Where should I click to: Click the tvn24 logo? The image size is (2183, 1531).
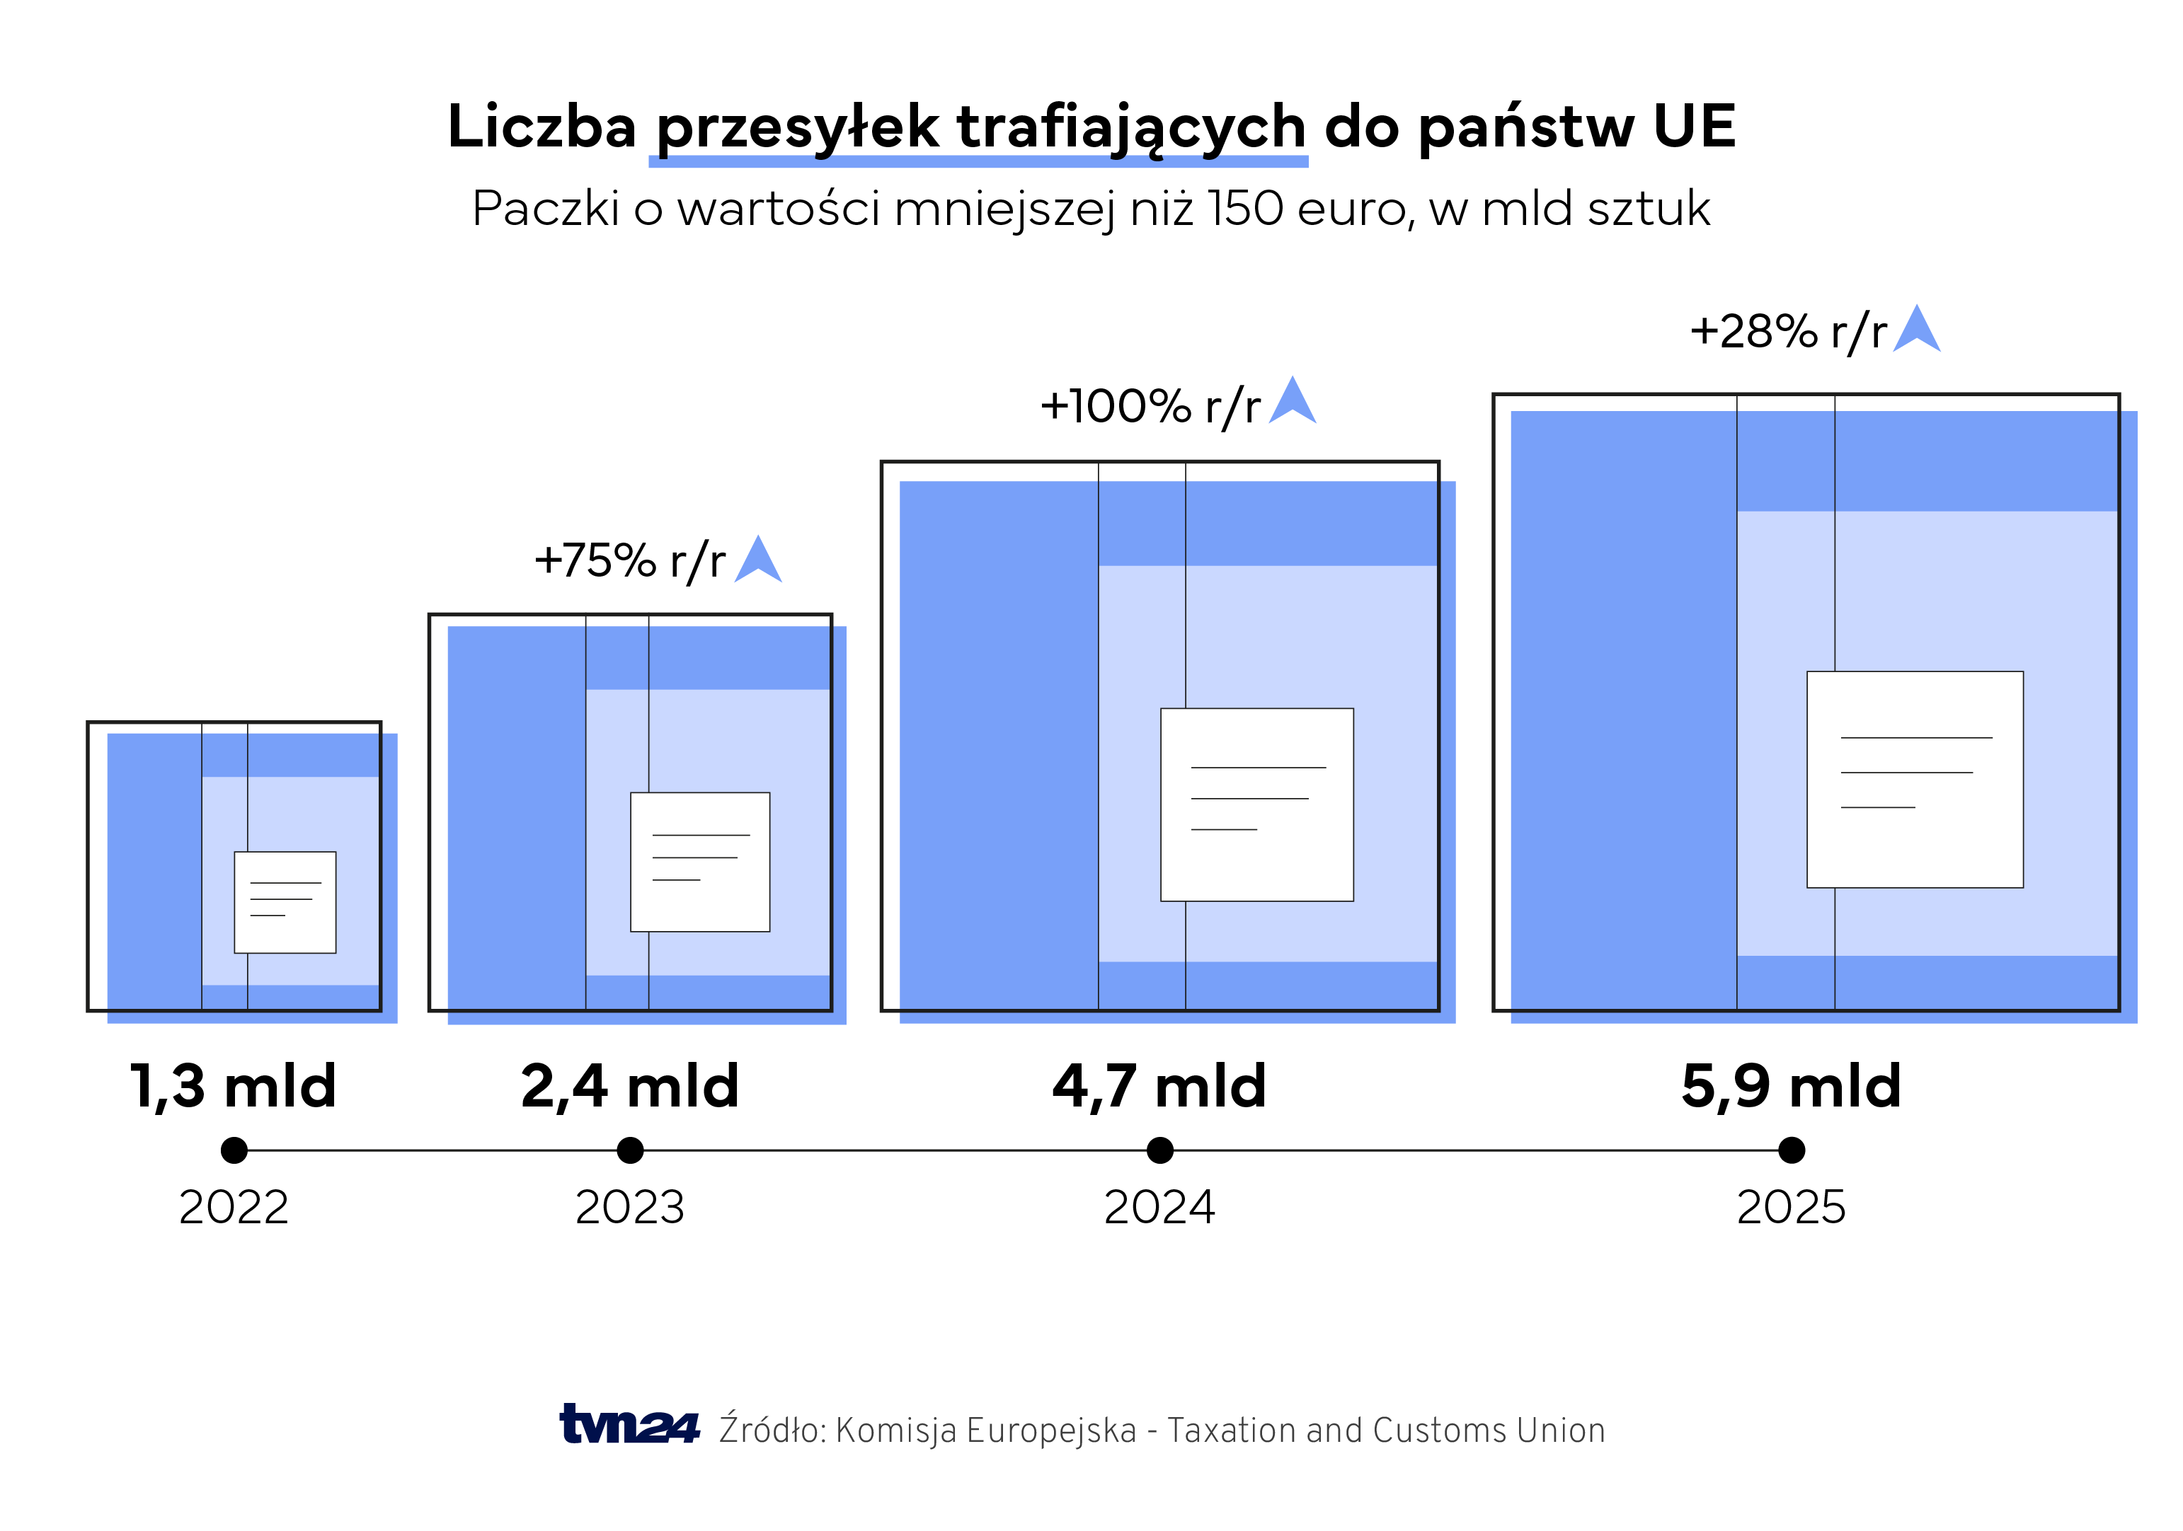coord(629,1425)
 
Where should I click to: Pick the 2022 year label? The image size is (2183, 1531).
coord(234,1208)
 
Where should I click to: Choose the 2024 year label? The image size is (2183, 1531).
coord(1159,1208)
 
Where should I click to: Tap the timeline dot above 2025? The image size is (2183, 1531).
coord(1792,1150)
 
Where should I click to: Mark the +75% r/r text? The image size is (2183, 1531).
coord(629,561)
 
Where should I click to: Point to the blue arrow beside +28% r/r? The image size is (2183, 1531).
coord(1916,330)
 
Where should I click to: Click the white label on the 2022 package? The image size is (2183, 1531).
coord(285,902)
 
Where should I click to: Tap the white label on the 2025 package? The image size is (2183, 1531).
coord(1914,779)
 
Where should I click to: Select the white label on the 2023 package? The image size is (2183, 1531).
coord(700,861)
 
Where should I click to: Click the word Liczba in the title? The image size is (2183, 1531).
coord(541,127)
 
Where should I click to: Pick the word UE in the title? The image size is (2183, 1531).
coord(1695,127)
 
